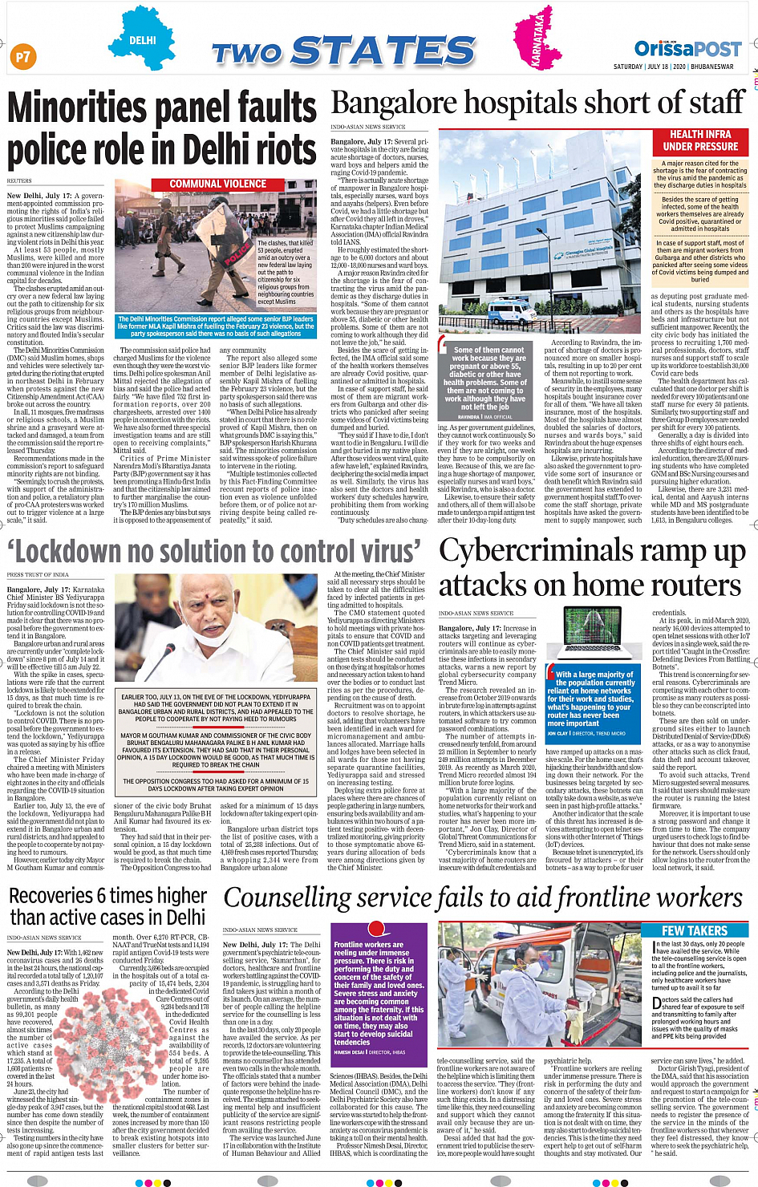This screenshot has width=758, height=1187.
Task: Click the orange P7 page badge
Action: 22,56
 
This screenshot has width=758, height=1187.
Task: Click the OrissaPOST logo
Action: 687,49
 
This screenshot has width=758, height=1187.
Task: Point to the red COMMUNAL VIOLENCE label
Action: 218,184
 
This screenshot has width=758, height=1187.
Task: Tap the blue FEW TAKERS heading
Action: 695,930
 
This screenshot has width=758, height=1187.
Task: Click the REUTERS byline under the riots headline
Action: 20,181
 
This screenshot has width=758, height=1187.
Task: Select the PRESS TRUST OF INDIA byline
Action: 38,575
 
